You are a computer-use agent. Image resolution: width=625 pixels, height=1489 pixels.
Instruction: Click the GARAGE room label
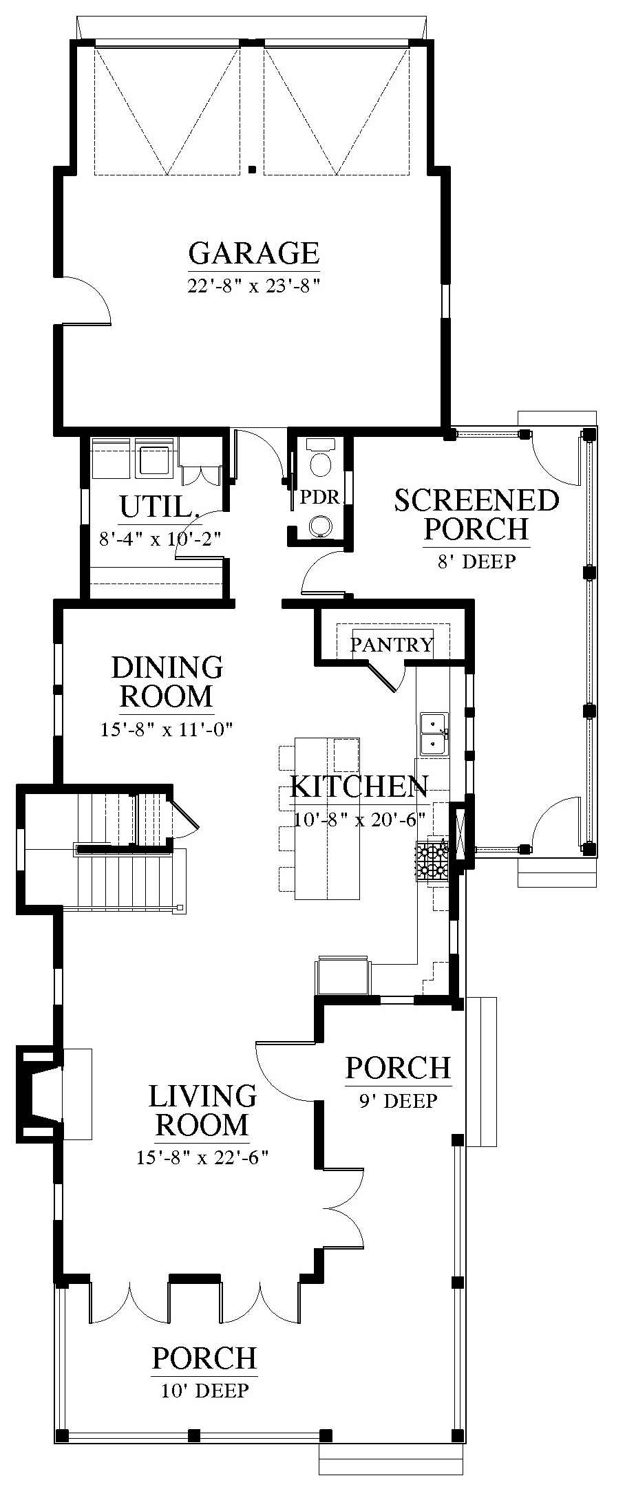pos(254,253)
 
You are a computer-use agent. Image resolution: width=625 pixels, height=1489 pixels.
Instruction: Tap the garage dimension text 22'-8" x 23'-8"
pos(255,285)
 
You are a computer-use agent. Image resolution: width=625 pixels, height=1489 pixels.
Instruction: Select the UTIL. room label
pos(160,508)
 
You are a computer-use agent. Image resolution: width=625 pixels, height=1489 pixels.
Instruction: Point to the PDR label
pos(320,497)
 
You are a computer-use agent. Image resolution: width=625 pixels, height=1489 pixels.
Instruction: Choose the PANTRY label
pos(392,644)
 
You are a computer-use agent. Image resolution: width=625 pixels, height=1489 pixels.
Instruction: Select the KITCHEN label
pos(359,786)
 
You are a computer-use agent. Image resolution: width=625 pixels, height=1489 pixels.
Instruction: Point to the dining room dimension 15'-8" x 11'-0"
pos(167,729)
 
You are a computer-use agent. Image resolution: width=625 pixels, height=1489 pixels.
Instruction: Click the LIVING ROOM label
pos(202,1110)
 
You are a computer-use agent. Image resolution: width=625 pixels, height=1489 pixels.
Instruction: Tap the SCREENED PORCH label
pos(476,514)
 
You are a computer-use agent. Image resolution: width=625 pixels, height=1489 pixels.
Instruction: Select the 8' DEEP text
pos(476,561)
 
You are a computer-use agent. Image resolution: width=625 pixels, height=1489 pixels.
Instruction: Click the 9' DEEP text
pos(398,1101)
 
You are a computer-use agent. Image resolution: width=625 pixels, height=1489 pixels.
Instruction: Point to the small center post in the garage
pos(253,169)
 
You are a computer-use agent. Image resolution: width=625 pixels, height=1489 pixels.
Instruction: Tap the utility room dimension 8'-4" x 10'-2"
pos(160,538)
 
